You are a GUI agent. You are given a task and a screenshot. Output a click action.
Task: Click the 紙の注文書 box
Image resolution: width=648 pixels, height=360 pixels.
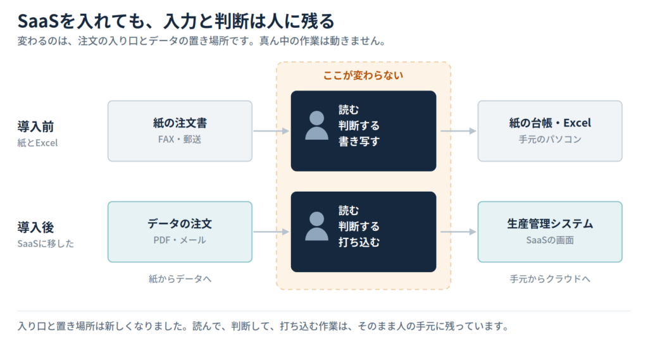(x=180, y=130)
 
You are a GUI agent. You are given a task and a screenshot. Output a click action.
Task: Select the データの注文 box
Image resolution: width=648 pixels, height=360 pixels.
(x=180, y=232)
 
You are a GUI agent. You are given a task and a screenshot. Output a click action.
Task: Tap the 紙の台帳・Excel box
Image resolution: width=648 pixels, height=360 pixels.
(x=550, y=130)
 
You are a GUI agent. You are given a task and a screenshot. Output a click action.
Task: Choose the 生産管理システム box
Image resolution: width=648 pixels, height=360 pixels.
(x=550, y=232)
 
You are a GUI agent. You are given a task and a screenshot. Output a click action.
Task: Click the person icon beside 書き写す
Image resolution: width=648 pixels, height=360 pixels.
(x=316, y=125)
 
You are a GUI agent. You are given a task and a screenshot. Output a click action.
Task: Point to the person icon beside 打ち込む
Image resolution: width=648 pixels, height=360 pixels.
(x=316, y=226)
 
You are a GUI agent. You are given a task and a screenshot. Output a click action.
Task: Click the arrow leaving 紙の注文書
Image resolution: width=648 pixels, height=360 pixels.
(x=271, y=131)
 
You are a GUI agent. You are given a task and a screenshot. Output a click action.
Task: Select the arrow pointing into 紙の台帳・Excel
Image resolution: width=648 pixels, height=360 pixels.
(x=458, y=131)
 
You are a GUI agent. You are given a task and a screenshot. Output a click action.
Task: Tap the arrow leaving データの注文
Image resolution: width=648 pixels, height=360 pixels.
(x=271, y=232)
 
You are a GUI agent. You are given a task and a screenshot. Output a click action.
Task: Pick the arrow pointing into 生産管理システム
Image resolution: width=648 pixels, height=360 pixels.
(x=458, y=232)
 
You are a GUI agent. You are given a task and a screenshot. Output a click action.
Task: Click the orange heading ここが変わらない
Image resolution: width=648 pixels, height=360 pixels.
(x=363, y=75)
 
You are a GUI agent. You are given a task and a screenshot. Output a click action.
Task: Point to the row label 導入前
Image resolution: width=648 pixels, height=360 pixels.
(x=35, y=127)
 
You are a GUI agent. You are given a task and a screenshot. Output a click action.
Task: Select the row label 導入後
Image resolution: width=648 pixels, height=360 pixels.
(x=35, y=227)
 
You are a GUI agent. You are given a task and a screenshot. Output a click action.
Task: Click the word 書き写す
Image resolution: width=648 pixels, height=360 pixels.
(x=359, y=141)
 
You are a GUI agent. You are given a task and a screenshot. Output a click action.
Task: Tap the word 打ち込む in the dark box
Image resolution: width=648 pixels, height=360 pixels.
(x=359, y=242)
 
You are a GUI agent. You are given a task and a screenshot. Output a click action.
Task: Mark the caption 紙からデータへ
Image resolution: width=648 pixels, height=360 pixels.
(x=180, y=279)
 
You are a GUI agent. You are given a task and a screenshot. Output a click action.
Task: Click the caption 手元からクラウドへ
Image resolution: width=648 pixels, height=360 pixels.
(x=550, y=279)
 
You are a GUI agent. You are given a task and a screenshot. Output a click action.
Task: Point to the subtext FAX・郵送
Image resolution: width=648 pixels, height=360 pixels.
(x=180, y=139)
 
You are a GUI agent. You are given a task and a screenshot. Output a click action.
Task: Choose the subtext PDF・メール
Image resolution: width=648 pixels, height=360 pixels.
(x=180, y=240)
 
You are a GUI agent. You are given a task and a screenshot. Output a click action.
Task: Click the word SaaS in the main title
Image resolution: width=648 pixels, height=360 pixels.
(x=38, y=21)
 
